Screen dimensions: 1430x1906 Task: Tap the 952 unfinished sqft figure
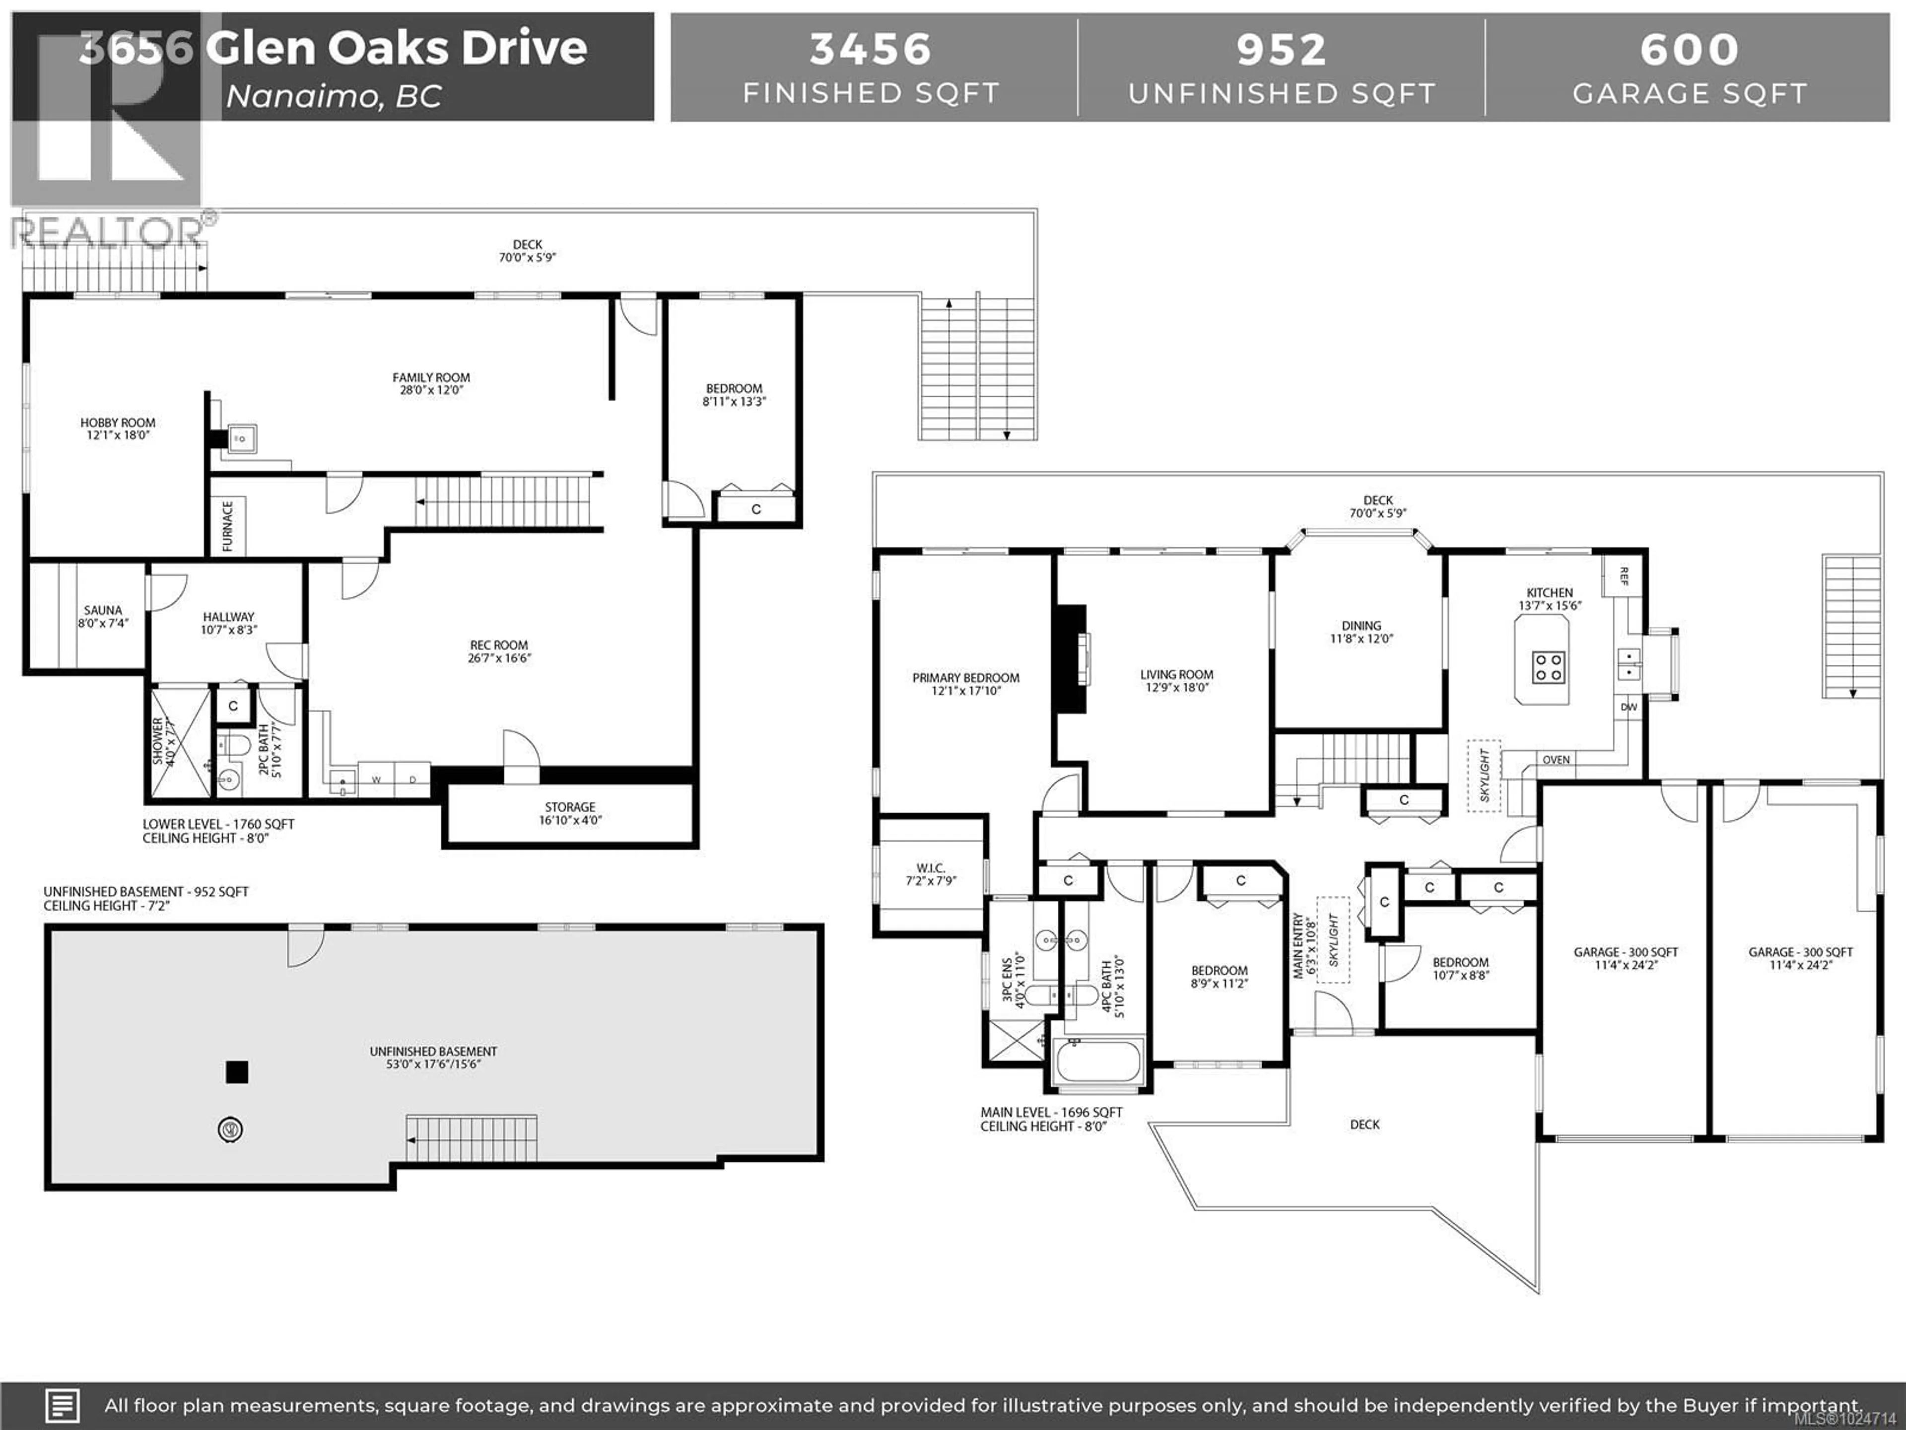1281,49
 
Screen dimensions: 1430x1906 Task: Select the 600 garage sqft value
1689,49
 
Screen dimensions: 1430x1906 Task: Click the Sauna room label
103,609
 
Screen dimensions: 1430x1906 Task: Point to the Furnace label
227,526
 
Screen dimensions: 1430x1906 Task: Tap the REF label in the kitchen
1624,576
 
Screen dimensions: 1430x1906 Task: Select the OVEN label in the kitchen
1556,759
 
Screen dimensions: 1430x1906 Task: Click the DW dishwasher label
1629,707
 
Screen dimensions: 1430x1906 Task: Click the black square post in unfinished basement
237,1072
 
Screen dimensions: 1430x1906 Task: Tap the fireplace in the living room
1072,658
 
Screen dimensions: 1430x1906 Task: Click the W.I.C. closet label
931,868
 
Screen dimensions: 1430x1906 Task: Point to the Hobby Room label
118,423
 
